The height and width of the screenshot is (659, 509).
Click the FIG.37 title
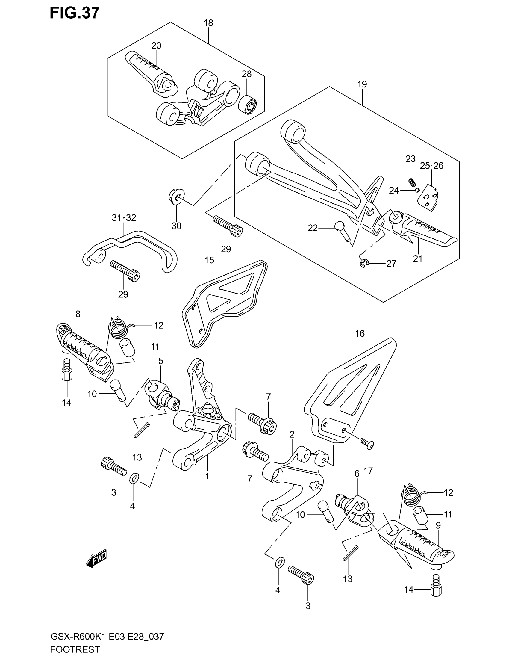click(x=75, y=13)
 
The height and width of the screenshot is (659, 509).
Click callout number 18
click(x=208, y=23)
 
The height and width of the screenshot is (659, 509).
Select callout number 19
click(x=362, y=84)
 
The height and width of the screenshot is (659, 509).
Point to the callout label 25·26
click(x=432, y=166)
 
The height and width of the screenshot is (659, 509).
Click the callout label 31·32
click(x=124, y=217)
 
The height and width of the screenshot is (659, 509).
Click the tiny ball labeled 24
click(x=417, y=190)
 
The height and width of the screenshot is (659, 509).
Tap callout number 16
click(x=360, y=333)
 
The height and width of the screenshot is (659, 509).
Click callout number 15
click(x=209, y=260)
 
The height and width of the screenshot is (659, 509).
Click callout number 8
click(x=78, y=314)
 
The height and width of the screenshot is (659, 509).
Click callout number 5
click(x=161, y=361)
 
